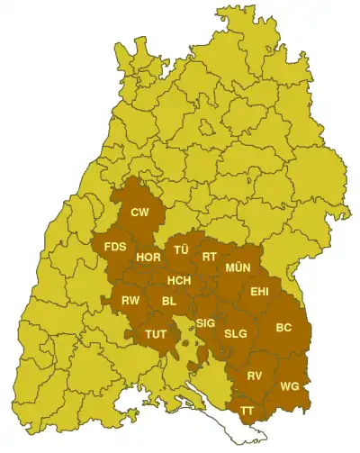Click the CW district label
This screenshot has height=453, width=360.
pos(139,213)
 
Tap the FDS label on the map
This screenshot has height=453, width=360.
pos(115,247)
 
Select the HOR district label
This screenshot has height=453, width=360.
pos(148,258)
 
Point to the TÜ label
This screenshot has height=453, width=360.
pos(181,249)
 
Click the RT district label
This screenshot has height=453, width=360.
pos(210,257)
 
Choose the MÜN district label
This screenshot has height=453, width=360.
pos(238,268)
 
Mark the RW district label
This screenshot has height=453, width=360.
pos(130,300)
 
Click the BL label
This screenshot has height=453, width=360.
pos(169,301)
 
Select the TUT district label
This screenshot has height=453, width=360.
pos(157,333)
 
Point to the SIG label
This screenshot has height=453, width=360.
pos(206,322)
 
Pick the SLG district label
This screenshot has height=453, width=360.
pos(236,333)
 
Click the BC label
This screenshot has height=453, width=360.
pos(283,327)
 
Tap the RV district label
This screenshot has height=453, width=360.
pos(255,376)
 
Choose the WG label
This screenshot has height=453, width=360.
pos(290,386)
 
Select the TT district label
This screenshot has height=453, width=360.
pos(246,410)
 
